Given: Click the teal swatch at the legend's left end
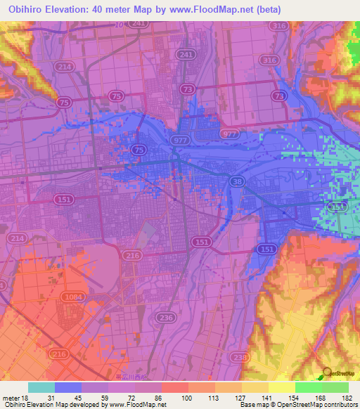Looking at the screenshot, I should [x=41, y=387].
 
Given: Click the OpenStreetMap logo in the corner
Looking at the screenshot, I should [x=327, y=373].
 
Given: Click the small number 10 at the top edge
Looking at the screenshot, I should [x=120, y=24].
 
